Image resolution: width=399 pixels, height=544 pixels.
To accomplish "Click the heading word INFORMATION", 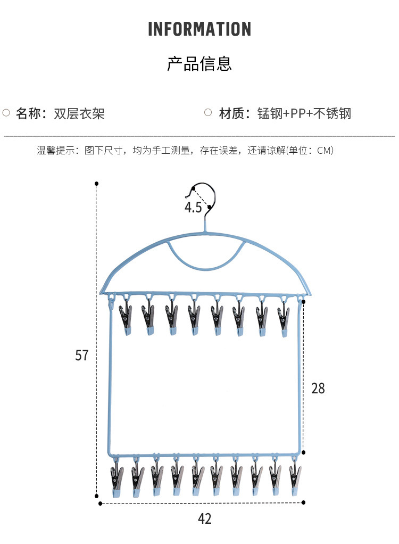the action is (199, 29).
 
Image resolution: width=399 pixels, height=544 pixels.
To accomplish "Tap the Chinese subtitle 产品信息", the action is (199, 64).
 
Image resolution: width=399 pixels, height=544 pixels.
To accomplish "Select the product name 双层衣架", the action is (79, 113).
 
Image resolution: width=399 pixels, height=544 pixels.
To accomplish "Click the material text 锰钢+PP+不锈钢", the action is (304, 113).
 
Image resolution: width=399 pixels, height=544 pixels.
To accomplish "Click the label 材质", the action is (231, 113).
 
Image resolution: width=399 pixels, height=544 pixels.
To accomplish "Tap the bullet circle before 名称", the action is (6, 113).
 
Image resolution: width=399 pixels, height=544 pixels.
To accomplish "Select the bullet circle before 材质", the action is (209, 113).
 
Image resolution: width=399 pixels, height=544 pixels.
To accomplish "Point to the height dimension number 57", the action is (81, 355).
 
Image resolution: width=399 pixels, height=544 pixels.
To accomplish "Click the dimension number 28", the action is (318, 388).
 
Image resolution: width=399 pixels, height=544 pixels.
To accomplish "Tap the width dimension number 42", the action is (204, 518).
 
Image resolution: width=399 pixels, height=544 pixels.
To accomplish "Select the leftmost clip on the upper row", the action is (126, 318).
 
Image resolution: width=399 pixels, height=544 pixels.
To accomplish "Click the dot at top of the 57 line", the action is (97, 184).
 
